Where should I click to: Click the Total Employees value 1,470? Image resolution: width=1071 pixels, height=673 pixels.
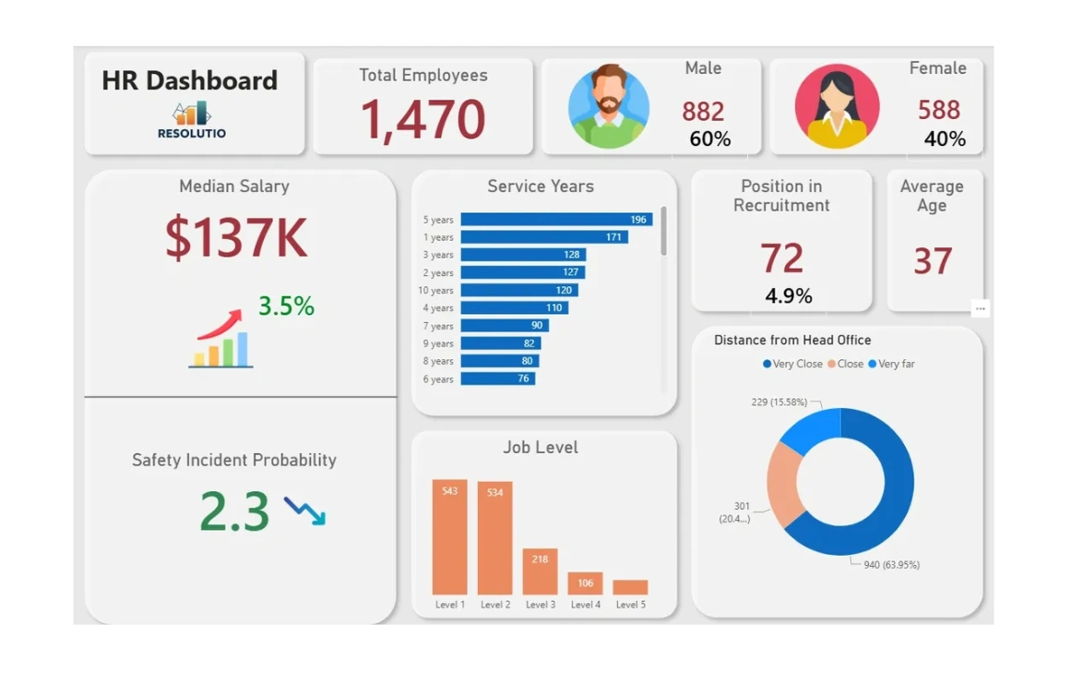[x=422, y=120]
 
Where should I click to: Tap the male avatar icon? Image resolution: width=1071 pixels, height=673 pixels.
[x=608, y=106]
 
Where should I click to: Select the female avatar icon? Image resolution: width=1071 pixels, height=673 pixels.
[x=837, y=106]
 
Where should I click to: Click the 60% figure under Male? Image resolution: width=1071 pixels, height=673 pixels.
[x=710, y=139]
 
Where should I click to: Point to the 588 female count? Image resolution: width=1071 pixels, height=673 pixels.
[x=939, y=111]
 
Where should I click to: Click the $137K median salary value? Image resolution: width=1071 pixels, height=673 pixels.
[x=236, y=237]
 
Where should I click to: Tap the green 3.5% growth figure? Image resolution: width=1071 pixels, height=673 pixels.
[x=286, y=306]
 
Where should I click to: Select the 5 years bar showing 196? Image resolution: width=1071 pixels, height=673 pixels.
[x=556, y=220]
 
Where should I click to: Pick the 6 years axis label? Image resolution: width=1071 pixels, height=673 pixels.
[x=438, y=379]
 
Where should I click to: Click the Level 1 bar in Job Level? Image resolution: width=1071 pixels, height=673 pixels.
[x=449, y=537]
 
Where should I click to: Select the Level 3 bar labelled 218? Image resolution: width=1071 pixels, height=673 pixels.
[x=540, y=571]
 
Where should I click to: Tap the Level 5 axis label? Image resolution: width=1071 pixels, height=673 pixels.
[x=630, y=605]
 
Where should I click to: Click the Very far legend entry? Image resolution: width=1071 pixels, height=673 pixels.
[x=896, y=364]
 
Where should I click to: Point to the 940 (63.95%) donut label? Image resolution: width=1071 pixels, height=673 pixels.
[x=891, y=565]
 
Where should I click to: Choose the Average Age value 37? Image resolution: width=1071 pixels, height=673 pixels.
[x=933, y=261]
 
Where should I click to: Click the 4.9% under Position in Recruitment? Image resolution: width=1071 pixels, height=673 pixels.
[x=789, y=296]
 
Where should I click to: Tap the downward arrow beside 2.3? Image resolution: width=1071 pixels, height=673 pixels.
[x=304, y=511]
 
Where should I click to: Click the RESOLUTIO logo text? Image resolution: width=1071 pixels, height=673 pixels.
[x=192, y=133]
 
